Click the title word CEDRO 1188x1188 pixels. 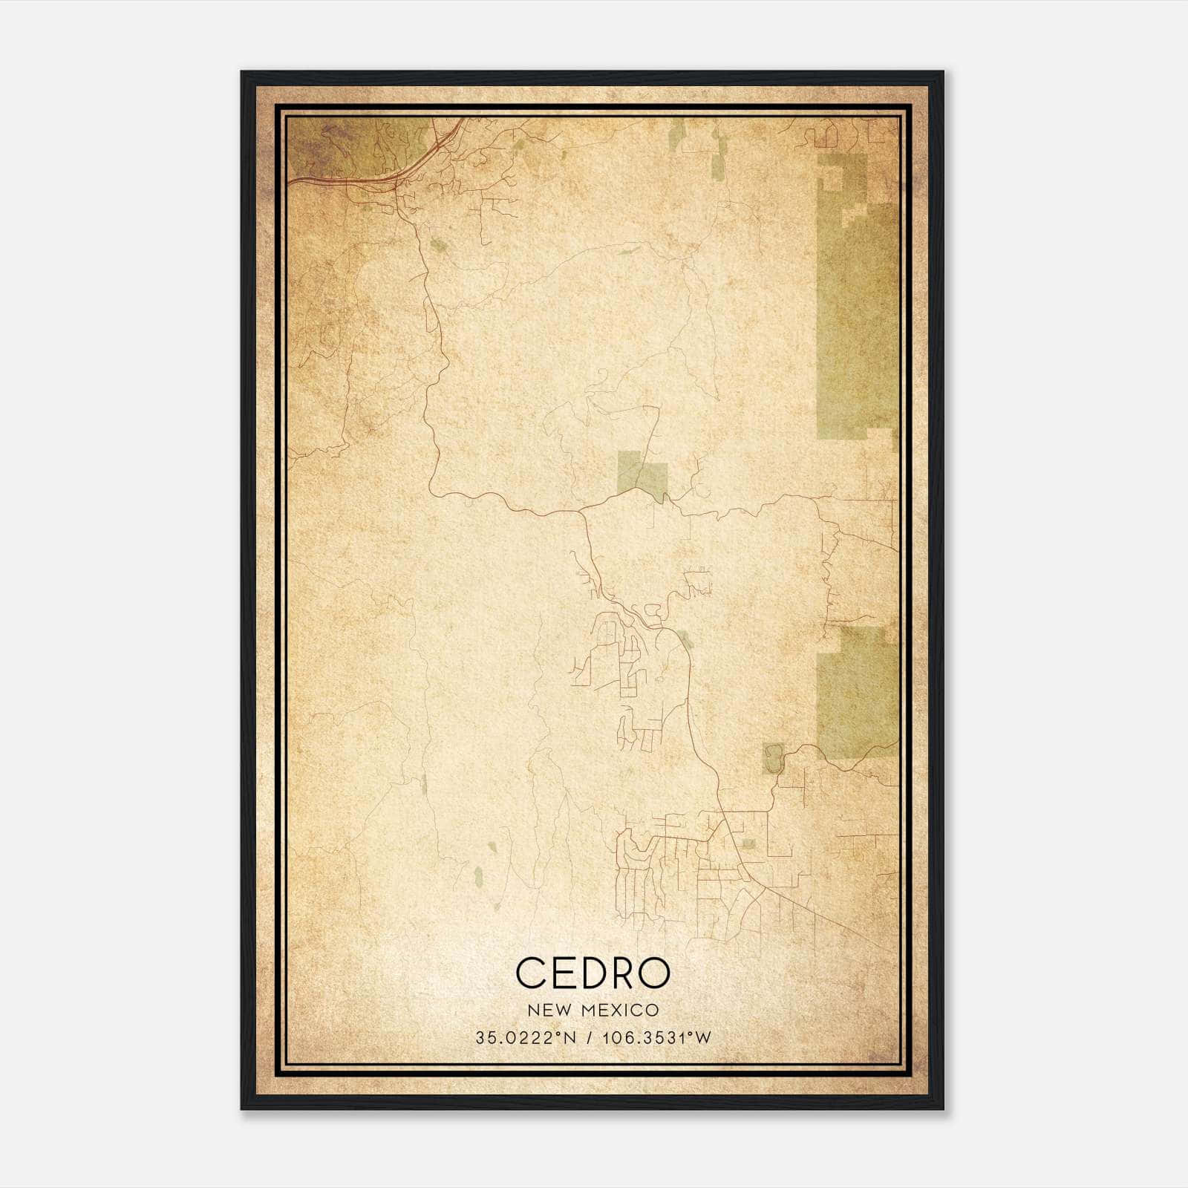click(x=593, y=973)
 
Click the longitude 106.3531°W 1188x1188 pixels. click(x=656, y=1037)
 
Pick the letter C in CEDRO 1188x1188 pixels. click(x=530, y=973)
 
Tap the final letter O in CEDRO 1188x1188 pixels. click(x=653, y=973)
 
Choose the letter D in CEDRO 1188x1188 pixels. click(x=592, y=973)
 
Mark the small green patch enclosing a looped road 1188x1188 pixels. click(x=773, y=758)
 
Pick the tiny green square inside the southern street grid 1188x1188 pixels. click(x=748, y=844)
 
